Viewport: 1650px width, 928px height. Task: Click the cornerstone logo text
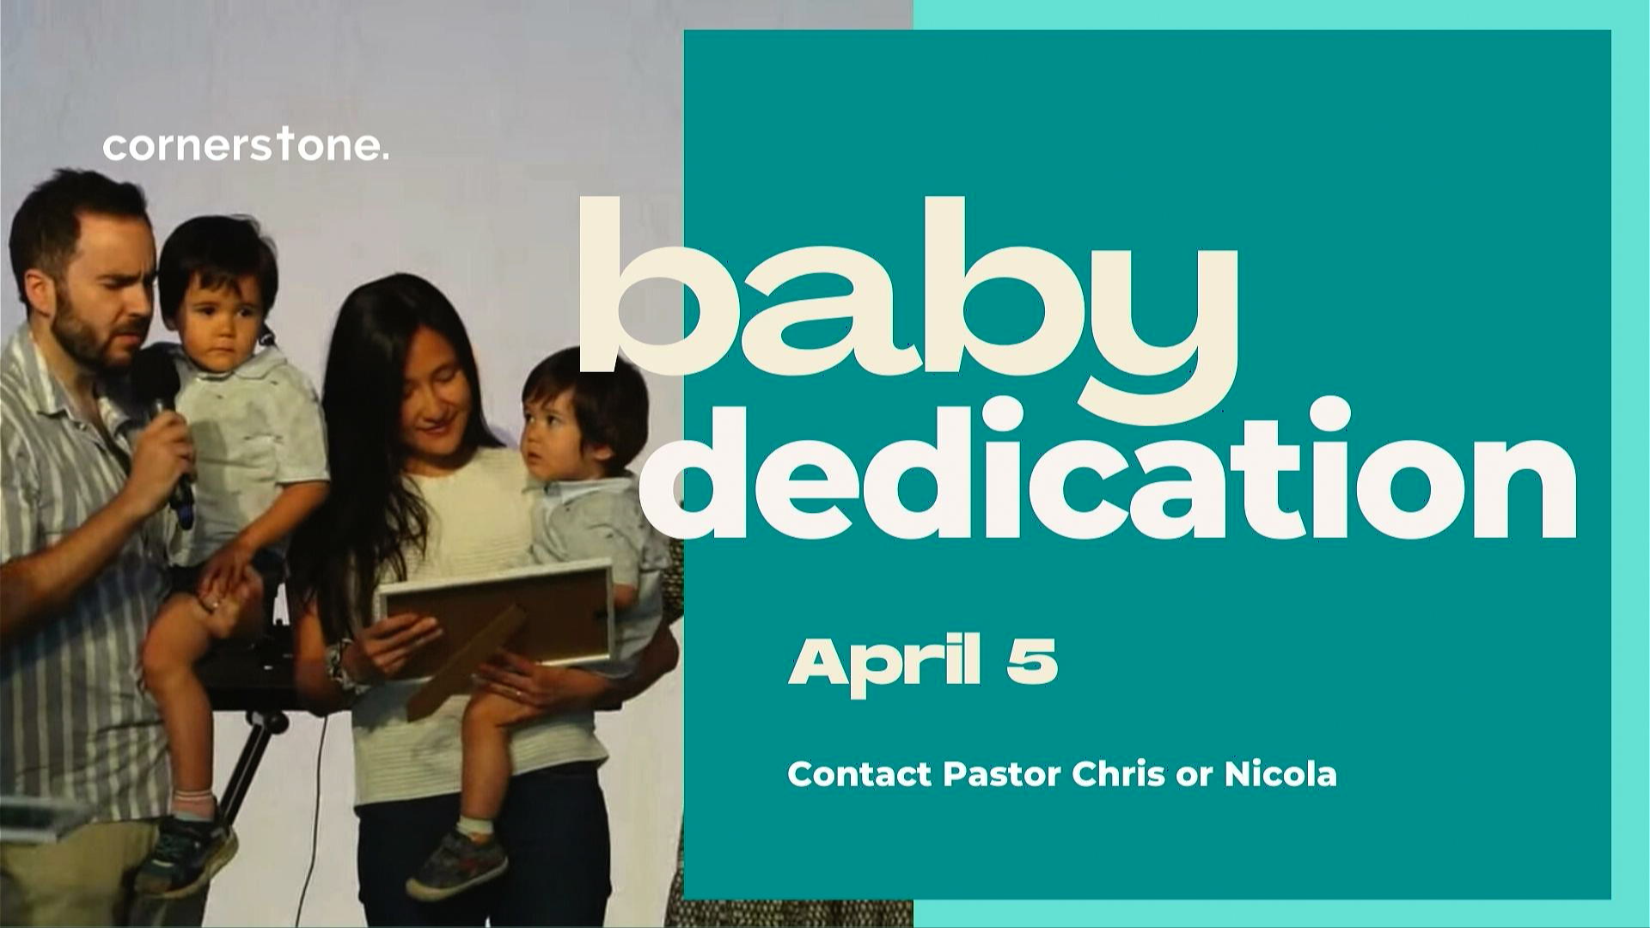point(246,146)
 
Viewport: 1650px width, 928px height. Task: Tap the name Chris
point(1108,774)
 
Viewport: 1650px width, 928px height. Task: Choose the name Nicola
point(1280,774)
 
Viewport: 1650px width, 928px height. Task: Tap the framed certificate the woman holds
point(497,623)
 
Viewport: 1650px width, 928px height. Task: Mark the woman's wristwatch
point(338,666)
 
